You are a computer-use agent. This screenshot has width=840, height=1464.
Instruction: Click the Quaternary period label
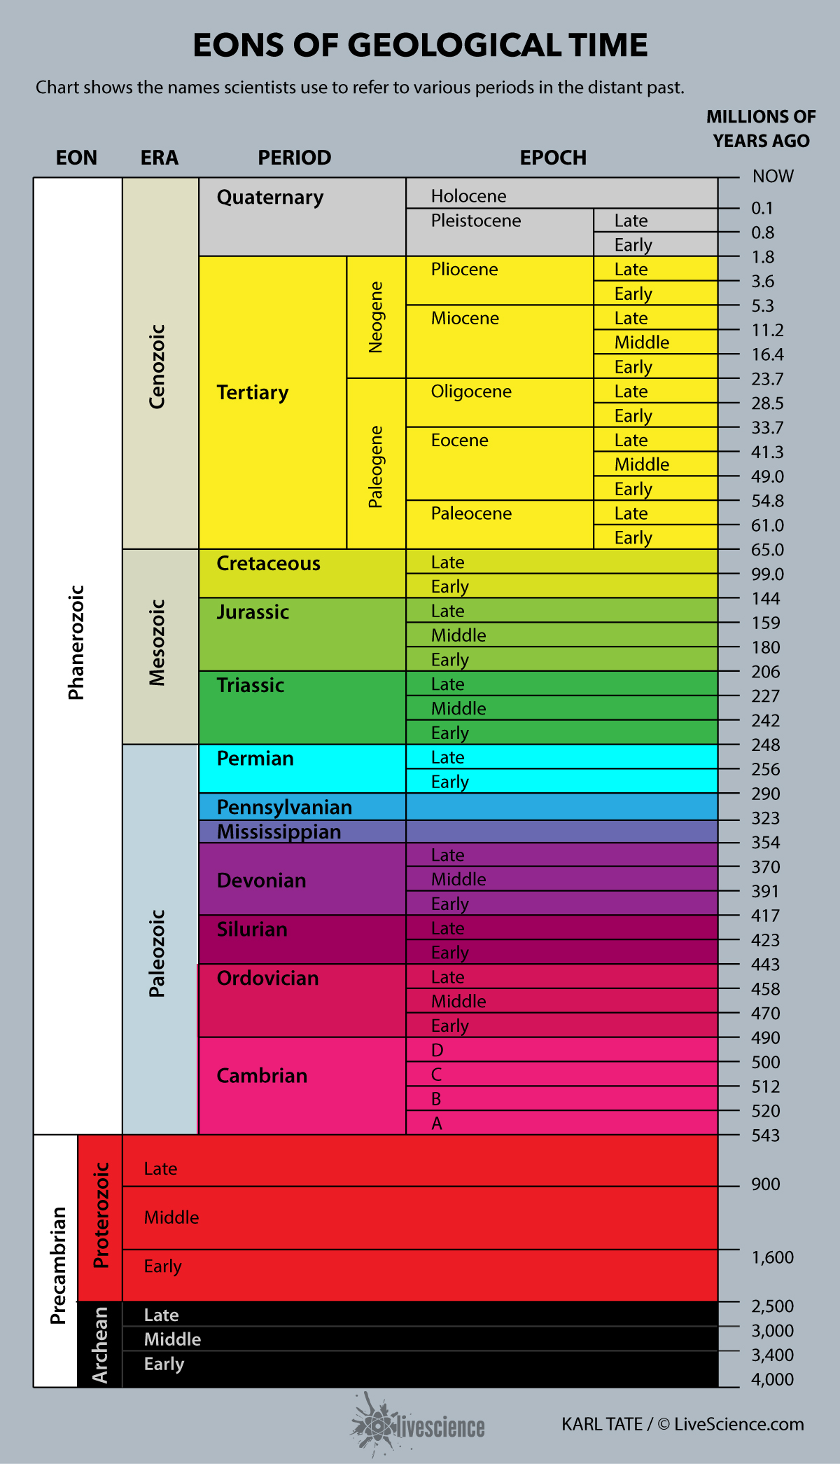point(269,198)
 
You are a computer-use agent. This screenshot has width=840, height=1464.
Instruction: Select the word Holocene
point(468,196)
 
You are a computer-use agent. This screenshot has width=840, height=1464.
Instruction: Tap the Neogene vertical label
point(376,317)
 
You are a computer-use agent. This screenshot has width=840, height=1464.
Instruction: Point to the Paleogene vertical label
point(376,467)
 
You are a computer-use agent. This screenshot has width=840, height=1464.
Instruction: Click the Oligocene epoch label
point(471,392)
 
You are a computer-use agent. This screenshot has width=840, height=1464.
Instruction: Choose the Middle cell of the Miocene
point(641,343)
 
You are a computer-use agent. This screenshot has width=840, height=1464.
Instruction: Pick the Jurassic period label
point(253,612)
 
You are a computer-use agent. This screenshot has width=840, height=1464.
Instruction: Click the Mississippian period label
point(279,832)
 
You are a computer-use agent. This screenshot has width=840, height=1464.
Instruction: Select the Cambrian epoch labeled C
point(437,1075)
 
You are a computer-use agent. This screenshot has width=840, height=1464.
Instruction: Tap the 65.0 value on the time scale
point(767,550)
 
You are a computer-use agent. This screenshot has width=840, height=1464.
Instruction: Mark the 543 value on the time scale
point(765,1135)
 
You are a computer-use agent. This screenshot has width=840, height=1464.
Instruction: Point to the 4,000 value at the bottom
point(772,1379)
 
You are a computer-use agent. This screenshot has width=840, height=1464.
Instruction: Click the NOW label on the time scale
point(773,177)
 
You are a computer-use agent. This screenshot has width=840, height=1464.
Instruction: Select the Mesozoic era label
point(157,642)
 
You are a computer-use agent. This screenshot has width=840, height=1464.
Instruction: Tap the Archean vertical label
point(100,1345)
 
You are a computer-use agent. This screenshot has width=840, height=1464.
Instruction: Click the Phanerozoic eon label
point(76,642)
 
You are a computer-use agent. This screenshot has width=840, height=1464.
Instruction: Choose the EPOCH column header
point(553,158)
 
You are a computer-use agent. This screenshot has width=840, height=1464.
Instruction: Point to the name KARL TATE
point(601,1424)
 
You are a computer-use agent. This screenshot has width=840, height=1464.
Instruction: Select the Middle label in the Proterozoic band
point(171,1217)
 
